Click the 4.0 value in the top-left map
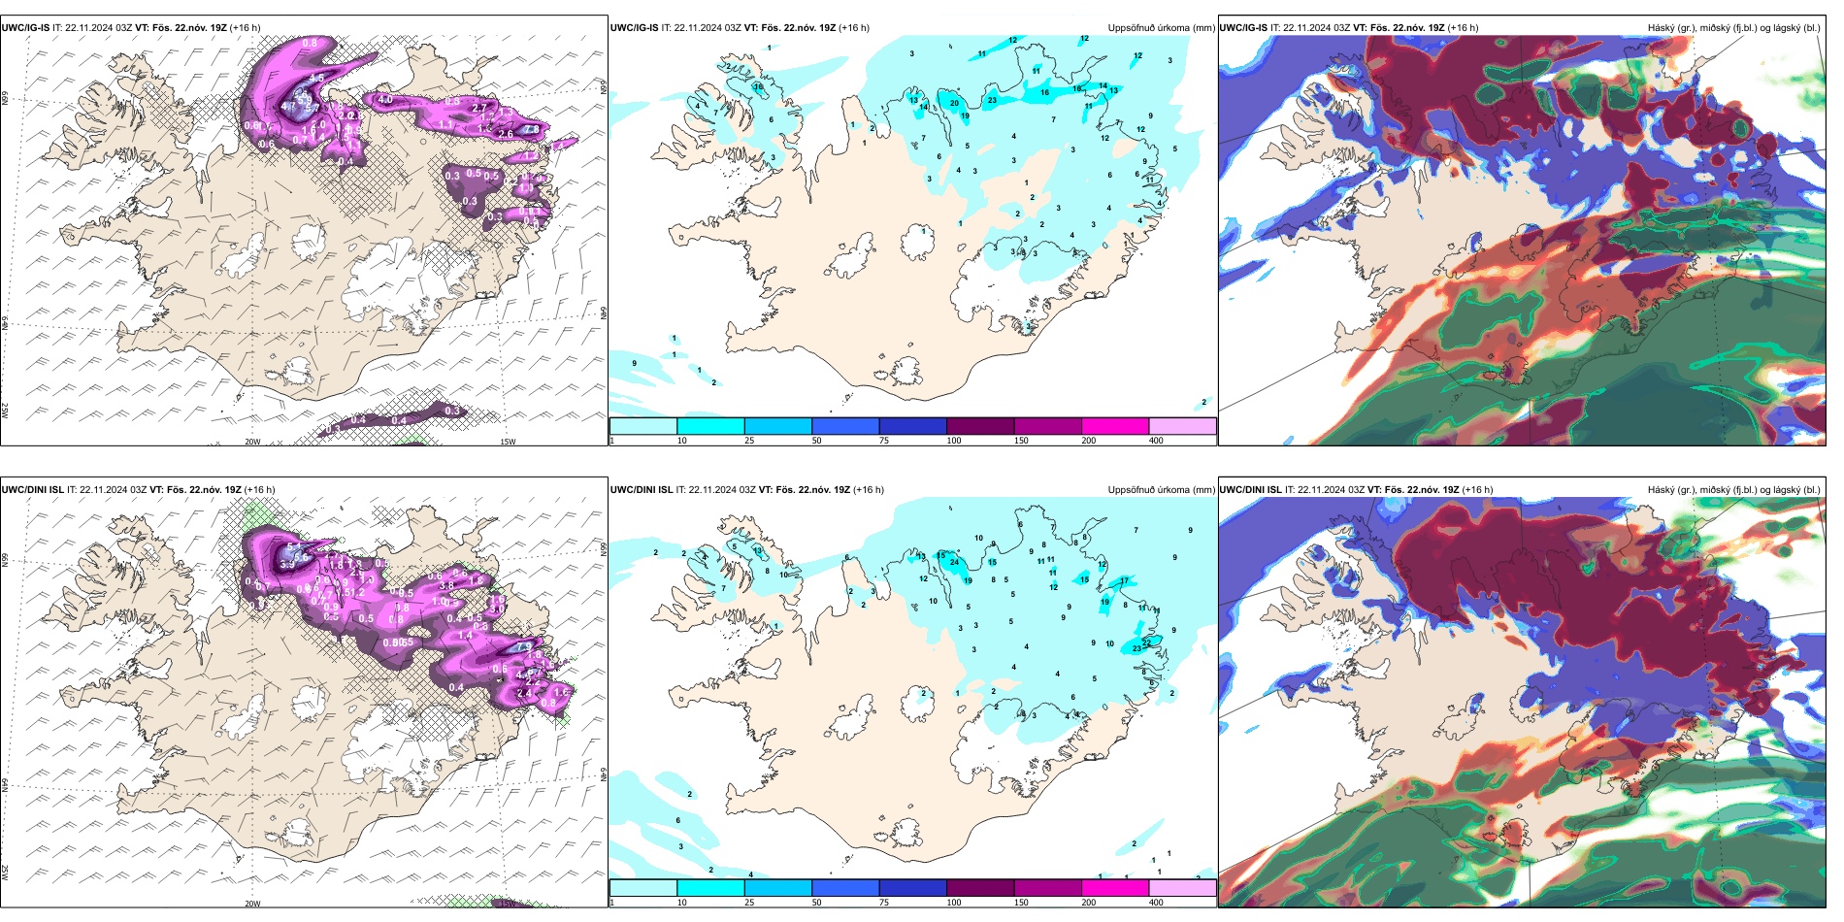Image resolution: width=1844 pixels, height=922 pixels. pyautogui.click(x=385, y=99)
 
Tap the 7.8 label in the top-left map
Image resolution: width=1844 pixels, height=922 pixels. pyautogui.click(x=531, y=129)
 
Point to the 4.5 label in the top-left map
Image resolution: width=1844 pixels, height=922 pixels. pyautogui.click(x=316, y=78)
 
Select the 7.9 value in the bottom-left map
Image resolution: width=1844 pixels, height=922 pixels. pyautogui.click(x=525, y=645)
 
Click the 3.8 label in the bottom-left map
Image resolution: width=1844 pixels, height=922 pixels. pyautogui.click(x=446, y=586)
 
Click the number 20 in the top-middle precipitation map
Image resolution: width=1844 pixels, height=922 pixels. pyautogui.click(x=954, y=103)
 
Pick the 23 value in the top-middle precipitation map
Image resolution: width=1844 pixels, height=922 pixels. pyautogui.click(x=992, y=100)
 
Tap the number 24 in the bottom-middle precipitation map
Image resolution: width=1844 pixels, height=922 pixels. pyautogui.click(x=955, y=562)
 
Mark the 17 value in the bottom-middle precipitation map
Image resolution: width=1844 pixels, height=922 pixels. pyautogui.click(x=1124, y=581)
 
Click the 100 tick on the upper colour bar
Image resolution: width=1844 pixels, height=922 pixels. pyautogui.click(x=954, y=441)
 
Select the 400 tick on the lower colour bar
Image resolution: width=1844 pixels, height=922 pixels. pyautogui.click(x=1156, y=903)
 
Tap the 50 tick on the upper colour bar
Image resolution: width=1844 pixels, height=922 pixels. pyautogui.click(x=816, y=441)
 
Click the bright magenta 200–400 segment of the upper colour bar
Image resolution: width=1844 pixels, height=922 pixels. pyautogui.click(x=1114, y=426)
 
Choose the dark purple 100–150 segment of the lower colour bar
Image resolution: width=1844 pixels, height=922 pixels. pyautogui.click(x=979, y=888)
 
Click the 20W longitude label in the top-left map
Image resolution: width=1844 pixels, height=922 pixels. pyautogui.click(x=252, y=442)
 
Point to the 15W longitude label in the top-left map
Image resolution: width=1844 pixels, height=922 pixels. pyautogui.click(x=508, y=442)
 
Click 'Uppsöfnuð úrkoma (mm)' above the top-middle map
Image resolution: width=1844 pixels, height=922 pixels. pyautogui.click(x=1161, y=28)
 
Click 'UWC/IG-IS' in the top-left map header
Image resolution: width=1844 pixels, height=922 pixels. pyautogui.click(x=26, y=28)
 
